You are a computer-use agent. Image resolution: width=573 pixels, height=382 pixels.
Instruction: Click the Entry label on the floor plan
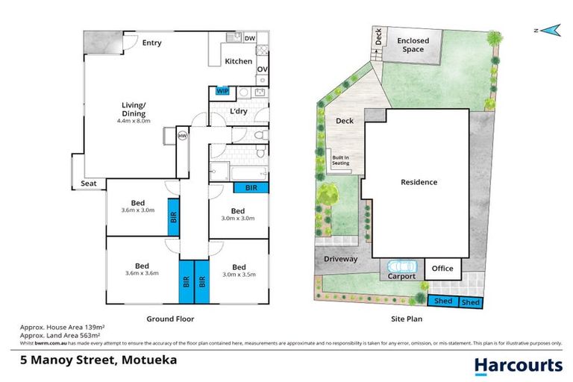151,43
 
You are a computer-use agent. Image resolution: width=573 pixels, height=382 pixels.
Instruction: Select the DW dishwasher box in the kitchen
250,37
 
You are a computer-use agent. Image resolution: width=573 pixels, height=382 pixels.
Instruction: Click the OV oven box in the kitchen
262,70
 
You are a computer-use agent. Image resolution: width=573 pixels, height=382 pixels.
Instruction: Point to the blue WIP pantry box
222,91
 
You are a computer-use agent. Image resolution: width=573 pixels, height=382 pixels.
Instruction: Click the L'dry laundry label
239,111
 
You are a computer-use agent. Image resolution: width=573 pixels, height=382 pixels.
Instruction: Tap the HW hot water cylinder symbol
182,135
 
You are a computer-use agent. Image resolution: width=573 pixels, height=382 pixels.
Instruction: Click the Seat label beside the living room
88,184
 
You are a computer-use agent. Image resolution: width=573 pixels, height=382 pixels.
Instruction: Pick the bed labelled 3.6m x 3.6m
142,269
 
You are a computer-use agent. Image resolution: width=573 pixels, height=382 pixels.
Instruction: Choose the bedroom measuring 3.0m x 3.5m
238,271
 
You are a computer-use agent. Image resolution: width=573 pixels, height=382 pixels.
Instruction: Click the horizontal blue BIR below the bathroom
251,189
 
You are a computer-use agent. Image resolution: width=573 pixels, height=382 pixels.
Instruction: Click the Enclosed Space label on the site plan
410,45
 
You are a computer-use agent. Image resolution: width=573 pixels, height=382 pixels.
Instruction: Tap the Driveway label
340,260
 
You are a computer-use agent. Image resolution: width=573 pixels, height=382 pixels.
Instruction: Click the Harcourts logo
519,365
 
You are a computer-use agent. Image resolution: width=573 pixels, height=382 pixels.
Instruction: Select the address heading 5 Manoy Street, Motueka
93,360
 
